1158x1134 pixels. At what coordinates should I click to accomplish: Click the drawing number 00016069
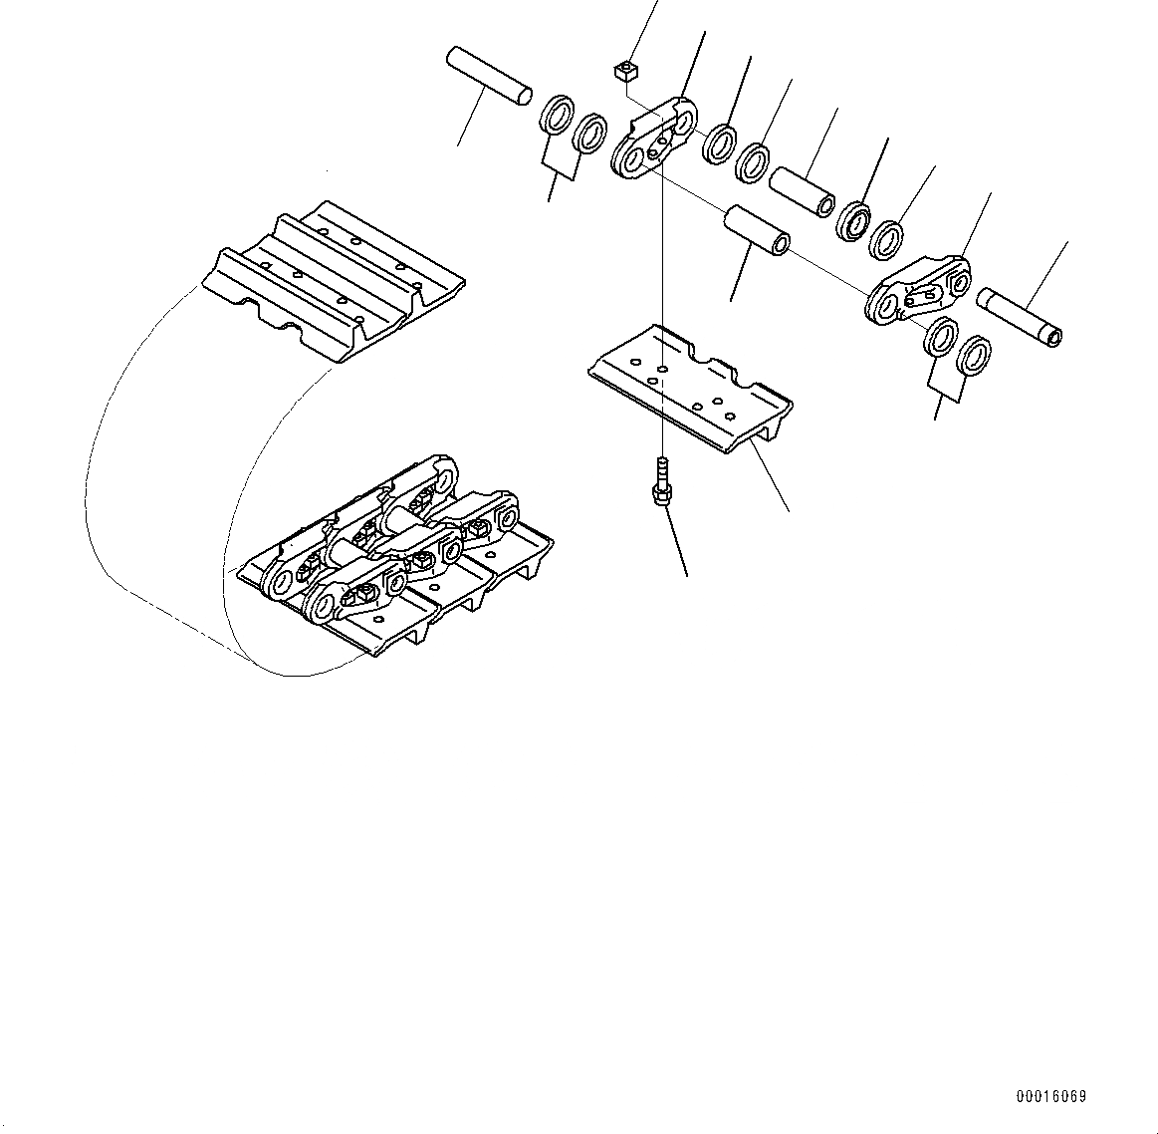pyautogui.click(x=1050, y=1097)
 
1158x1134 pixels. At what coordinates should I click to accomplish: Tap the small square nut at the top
pyautogui.click(x=624, y=70)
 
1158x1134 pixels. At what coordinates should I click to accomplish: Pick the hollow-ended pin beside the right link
pyautogui.click(x=1021, y=317)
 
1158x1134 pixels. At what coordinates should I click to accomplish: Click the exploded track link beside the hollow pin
pyautogui.click(x=918, y=288)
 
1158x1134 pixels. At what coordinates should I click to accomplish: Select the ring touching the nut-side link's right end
pyautogui.click(x=719, y=143)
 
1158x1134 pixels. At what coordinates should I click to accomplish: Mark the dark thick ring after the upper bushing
pyautogui.click(x=853, y=220)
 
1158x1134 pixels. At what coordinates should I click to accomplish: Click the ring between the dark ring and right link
pyautogui.click(x=886, y=239)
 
